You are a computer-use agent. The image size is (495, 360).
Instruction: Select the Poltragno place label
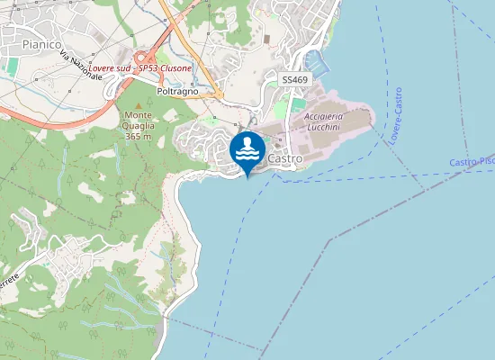[177, 92]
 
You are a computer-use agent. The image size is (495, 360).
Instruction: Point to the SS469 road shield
[294, 80]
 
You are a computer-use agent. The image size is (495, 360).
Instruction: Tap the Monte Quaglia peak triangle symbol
[139, 105]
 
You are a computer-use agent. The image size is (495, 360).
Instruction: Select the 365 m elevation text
[139, 136]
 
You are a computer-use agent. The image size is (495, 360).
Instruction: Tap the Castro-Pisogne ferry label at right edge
[472, 161]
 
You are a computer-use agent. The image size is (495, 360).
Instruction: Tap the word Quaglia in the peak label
[139, 125]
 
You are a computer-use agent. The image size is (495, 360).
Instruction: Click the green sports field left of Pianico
[13, 67]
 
